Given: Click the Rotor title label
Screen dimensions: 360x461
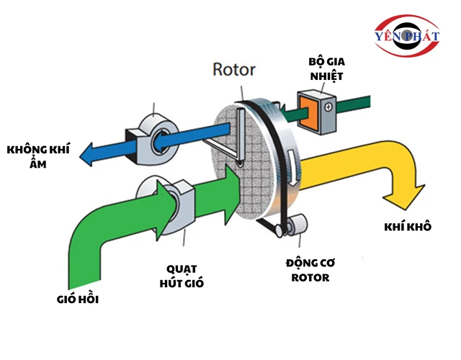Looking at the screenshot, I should [x=235, y=70].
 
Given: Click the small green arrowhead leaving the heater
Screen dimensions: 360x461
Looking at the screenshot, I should [x=283, y=112].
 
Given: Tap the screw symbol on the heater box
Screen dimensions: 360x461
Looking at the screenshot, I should [x=328, y=107].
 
